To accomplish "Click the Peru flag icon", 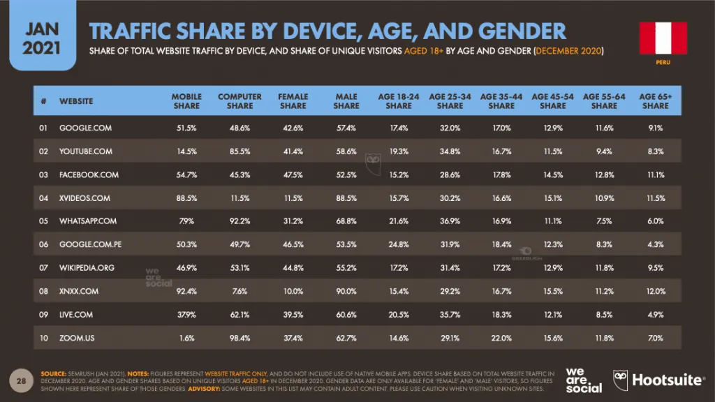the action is coord(663,38).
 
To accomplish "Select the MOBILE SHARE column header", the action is coord(186,101).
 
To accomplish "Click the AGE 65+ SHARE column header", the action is coord(655,101).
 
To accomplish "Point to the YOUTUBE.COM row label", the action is coord(86,151).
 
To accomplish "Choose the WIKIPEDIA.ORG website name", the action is coord(87,267).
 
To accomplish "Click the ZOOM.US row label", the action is coord(77,338).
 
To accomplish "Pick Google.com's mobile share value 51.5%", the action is coord(186,128).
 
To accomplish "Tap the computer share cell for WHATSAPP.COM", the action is coord(240,221).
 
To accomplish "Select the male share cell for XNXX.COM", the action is coord(346,291).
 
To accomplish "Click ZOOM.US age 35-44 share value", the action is coord(501,338).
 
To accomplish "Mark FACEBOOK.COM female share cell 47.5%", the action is coord(293,174).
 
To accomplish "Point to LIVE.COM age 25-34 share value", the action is coord(450,315).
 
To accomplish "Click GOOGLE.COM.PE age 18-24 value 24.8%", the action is coord(399,244).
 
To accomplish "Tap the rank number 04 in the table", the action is coord(43,198).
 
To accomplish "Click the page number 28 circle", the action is coord(21,380).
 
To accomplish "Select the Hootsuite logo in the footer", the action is coord(658,380).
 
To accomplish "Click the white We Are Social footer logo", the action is coord(584,380).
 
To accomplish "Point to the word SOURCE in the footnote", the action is coord(53,374).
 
